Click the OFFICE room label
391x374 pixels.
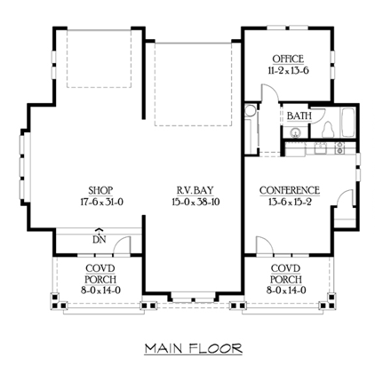[288, 59]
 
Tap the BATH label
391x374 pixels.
[299, 115]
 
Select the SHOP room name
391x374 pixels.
[100, 190]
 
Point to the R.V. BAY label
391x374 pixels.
[195, 190]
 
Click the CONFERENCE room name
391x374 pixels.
[290, 190]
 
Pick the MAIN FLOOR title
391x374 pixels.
[194, 348]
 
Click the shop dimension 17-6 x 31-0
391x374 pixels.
[101, 202]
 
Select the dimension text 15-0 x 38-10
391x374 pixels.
[195, 202]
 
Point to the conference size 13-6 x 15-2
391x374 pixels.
[290, 202]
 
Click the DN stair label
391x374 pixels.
[100, 239]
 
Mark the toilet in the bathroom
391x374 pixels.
[327, 130]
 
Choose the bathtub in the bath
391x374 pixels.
[348, 123]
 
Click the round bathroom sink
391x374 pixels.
[295, 132]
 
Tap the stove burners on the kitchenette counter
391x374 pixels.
[340, 147]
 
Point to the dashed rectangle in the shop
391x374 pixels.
[99, 59]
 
